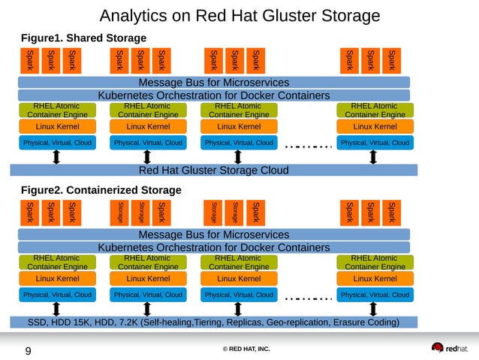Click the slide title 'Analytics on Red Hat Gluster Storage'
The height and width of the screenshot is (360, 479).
pyautogui.click(x=239, y=16)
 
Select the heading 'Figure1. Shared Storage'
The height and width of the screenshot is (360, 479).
pyautogui.click(x=83, y=38)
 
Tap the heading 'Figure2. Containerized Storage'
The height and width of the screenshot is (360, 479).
pyautogui.click(x=101, y=189)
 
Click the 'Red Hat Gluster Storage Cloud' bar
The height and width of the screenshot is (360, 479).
pyautogui.click(x=214, y=170)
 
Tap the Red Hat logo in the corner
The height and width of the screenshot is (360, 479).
pyautogui.click(x=448, y=348)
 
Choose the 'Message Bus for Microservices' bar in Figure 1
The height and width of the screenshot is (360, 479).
pyautogui.click(x=214, y=83)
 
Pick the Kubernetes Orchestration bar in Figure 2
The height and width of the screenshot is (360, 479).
pyautogui.click(x=214, y=247)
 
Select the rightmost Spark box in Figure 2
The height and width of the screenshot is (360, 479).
pyautogui.click(x=390, y=212)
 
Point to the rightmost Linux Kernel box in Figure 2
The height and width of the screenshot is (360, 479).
pyautogui.click(x=374, y=279)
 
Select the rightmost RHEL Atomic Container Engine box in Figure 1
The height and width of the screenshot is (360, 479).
pyautogui.click(x=374, y=110)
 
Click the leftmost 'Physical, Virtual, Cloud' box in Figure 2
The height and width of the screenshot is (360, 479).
pyautogui.click(x=57, y=295)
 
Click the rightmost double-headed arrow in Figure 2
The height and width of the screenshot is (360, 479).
pyautogui.click(x=374, y=309)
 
